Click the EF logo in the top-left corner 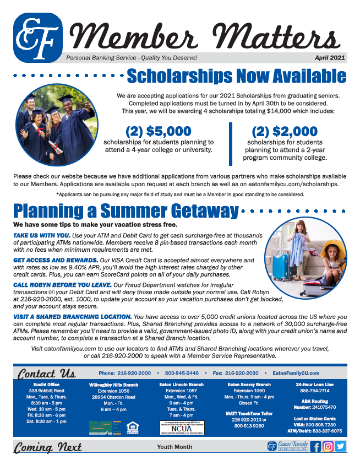coord(37,37)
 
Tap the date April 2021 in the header coord(330,57)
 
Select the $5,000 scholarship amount coord(159,132)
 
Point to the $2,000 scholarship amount coord(285,132)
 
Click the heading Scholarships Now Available coord(236,76)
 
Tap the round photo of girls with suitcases coord(306,257)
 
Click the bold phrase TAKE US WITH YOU coord(42,235)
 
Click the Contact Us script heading coord(45,373)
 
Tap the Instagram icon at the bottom coord(328,446)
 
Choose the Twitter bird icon coord(341,446)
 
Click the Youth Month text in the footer coord(174,446)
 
